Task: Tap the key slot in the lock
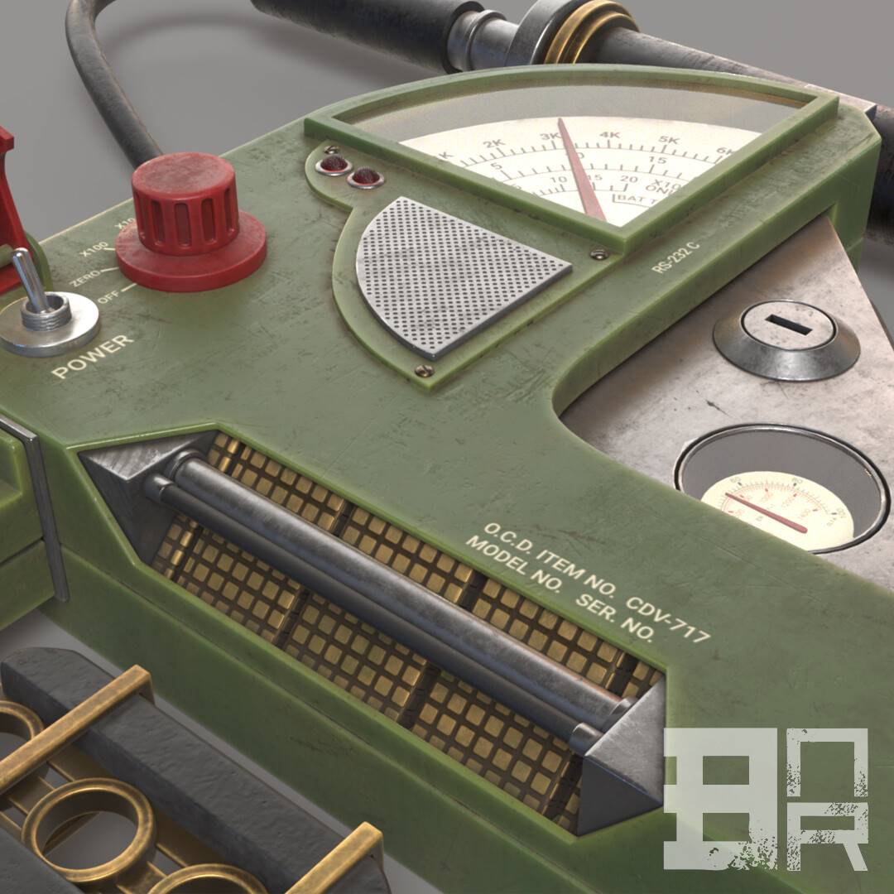(788, 324)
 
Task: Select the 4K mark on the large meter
(610, 137)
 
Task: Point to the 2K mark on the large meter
(494, 145)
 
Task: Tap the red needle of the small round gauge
(766, 512)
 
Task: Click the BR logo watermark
(766, 799)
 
